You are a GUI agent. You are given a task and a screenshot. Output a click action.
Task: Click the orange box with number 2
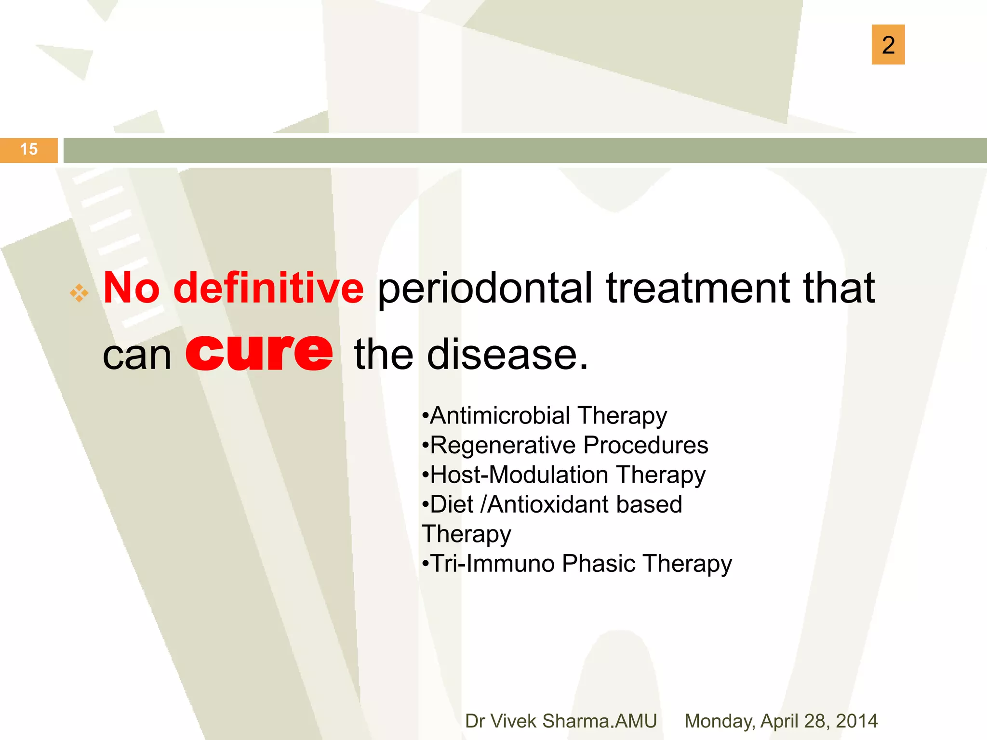pos(888,44)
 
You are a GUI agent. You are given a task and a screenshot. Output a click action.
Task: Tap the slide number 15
pos(29,149)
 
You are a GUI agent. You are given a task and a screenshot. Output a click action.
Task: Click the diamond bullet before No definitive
pos(79,293)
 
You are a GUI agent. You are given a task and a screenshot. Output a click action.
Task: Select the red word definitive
pos(268,288)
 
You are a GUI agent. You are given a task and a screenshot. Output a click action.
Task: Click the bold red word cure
pos(259,354)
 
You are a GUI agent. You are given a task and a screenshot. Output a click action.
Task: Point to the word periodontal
pos(484,289)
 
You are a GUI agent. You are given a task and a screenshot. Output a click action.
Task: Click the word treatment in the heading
pos(698,288)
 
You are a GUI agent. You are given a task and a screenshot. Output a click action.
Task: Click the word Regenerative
pos(503,446)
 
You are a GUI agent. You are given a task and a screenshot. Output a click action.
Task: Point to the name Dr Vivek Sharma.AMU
pos(560,721)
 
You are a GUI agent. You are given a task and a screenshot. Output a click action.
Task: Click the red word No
pos(131,288)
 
